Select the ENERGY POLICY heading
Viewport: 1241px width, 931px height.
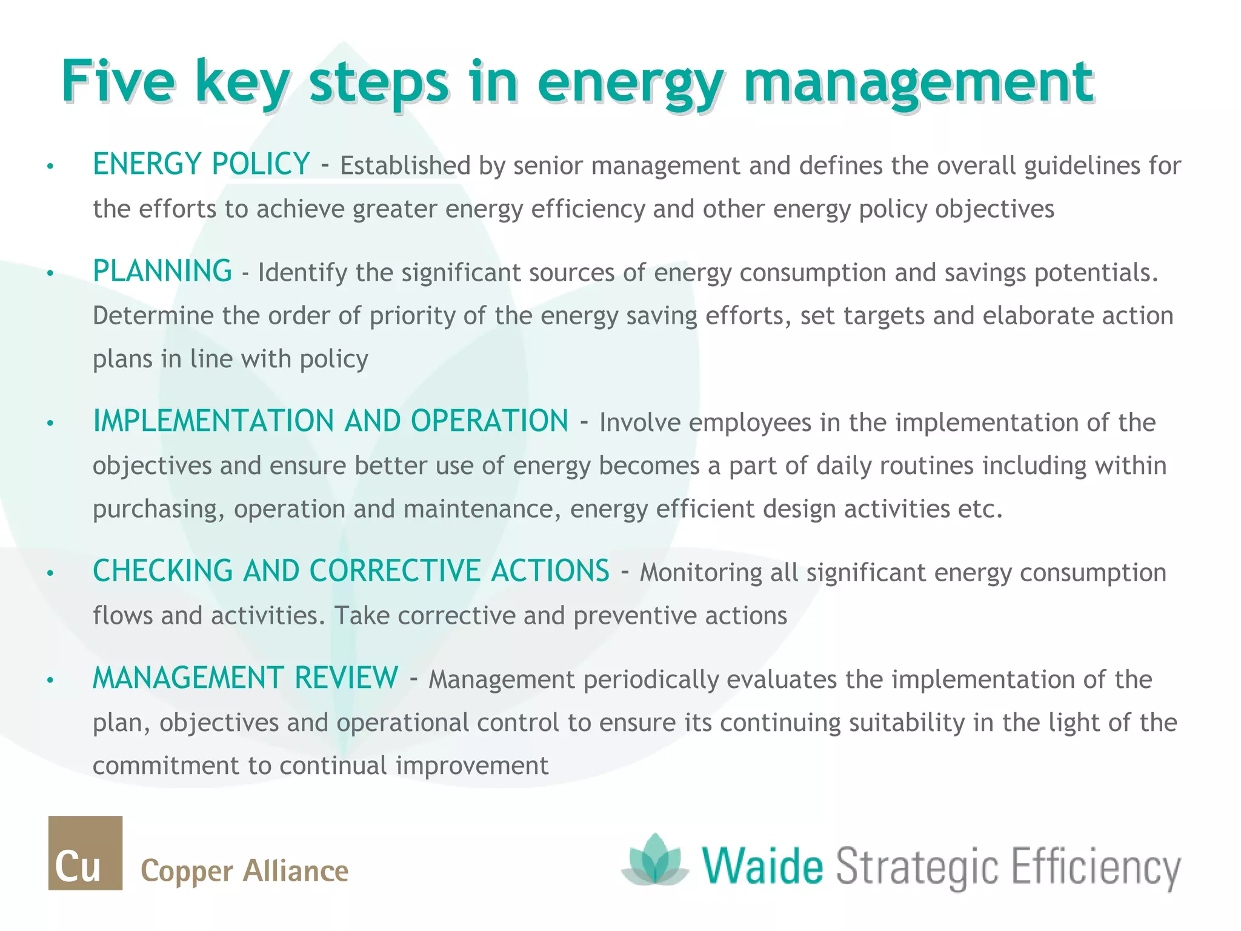201,164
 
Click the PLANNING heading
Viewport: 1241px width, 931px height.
162,271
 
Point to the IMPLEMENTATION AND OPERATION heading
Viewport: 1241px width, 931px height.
330,421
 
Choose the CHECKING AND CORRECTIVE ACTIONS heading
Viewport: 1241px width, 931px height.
351,571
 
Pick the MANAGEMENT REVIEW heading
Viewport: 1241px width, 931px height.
245,678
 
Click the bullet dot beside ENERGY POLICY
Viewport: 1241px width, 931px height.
51,166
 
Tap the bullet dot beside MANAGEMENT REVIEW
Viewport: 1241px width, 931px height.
51,680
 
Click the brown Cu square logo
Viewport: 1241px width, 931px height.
85,853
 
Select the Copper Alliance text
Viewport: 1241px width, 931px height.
244,871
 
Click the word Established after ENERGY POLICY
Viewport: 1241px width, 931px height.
405,166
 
